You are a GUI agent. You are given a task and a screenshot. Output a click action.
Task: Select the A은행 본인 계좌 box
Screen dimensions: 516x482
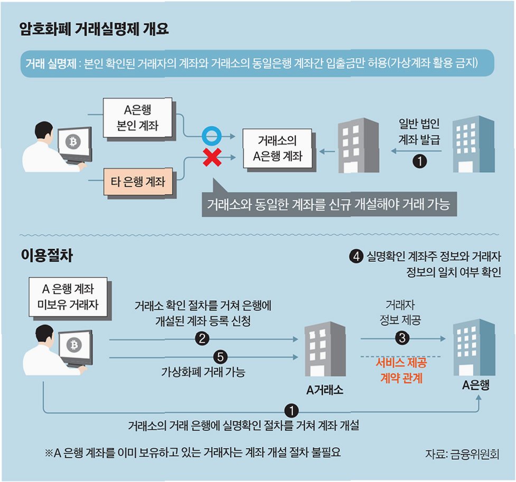coord(137,118)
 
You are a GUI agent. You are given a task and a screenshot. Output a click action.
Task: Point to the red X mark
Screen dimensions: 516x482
coord(212,157)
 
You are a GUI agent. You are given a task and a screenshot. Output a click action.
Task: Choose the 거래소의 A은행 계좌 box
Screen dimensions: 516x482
coord(277,148)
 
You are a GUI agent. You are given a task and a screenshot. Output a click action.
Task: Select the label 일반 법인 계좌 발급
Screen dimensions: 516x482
coord(419,133)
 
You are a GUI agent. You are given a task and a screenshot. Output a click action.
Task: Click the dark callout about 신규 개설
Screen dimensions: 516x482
coord(328,204)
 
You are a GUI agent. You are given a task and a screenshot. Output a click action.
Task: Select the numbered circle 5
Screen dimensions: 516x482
coord(222,357)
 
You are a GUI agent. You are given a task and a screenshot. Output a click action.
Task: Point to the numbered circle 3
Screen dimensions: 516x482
coord(402,338)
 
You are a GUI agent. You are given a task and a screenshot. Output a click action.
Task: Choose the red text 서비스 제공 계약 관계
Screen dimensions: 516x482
coord(401,371)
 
